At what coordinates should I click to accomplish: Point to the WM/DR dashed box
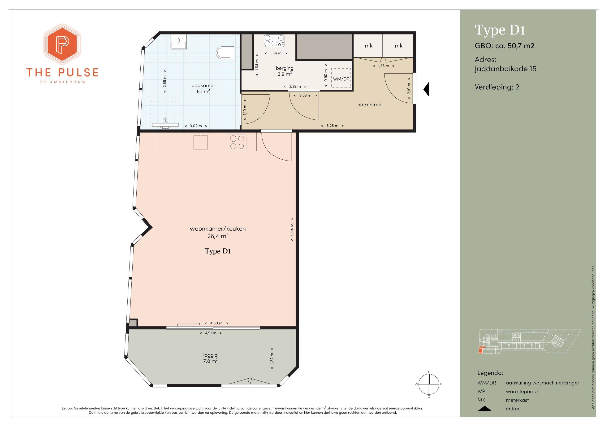click(x=341, y=78)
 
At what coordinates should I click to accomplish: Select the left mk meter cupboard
click(x=368, y=46)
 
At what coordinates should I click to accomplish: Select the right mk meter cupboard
click(x=398, y=46)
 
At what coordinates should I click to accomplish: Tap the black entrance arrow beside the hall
click(x=426, y=89)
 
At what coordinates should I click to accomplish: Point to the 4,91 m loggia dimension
click(x=211, y=333)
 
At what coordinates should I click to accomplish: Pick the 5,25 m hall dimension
click(x=332, y=126)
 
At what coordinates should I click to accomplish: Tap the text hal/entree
click(x=369, y=105)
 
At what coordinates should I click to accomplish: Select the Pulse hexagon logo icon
click(x=62, y=44)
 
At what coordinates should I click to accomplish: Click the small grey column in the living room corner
click(x=133, y=323)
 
